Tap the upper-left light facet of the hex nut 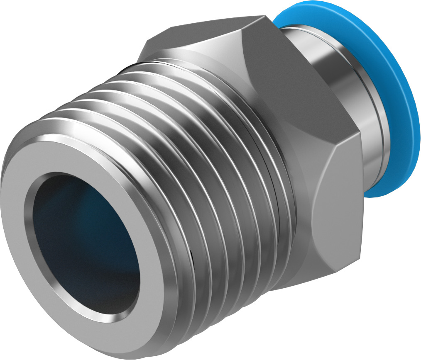coord(199,41)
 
